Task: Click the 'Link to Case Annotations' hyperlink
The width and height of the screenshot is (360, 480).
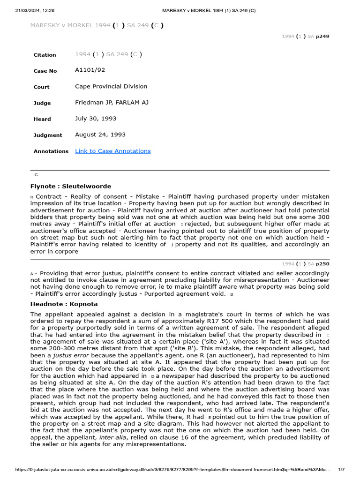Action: click(112, 151)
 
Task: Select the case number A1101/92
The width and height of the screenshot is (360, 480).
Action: click(90, 70)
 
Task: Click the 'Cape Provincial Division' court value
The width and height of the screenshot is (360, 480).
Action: click(111, 86)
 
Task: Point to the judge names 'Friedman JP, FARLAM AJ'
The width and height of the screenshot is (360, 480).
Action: click(112, 102)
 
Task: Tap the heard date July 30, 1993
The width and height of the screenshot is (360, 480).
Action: click(96, 119)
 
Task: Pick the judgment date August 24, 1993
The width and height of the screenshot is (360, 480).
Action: click(100, 135)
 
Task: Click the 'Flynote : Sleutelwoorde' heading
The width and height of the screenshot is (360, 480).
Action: click(71, 186)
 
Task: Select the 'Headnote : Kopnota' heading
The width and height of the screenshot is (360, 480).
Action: click(64, 304)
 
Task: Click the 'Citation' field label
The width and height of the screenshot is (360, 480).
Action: click(45, 55)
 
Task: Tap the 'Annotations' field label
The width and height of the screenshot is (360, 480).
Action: click(51, 151)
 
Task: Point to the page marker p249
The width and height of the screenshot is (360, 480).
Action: click(322, 36)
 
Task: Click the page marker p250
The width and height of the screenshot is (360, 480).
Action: click(322, 264)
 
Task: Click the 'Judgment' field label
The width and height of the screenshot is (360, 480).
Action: click(47, 135)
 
